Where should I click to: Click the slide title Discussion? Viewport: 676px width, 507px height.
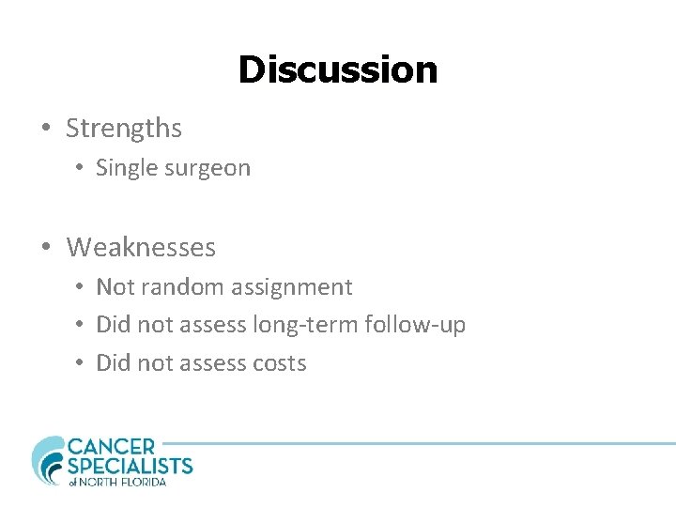click(x=337, y=69)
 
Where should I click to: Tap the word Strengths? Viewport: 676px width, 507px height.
click(x=124, y=128)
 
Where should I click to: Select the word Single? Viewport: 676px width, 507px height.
click(x=126, y=169)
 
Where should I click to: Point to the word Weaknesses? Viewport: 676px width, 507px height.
click(x=141, y=248)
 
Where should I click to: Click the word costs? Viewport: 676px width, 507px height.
click(x=279, y=364)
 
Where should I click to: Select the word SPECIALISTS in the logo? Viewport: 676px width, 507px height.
click(x=130, y=466)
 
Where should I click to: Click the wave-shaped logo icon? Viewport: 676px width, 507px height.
click(x=48, y=460)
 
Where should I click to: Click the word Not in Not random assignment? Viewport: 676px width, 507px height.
click(x=115, y=287)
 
